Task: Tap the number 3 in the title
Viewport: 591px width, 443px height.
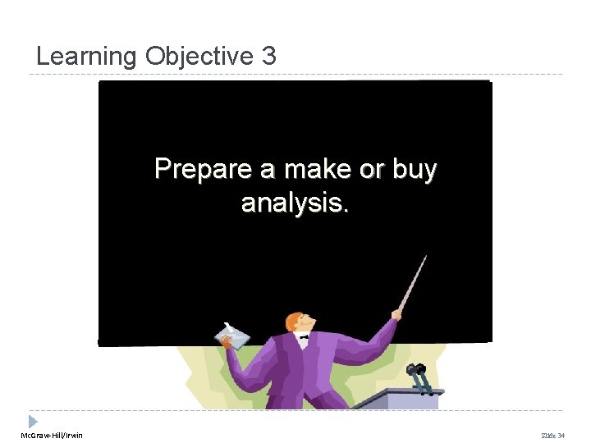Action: point(269,57)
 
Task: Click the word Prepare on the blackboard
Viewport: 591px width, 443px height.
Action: point(203,170)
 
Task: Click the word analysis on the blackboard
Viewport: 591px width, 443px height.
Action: point(295,202)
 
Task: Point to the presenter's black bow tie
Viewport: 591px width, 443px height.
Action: point(304,336)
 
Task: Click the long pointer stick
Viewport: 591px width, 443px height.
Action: point(414,281)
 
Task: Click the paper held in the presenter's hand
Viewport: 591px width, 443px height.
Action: point(232,336)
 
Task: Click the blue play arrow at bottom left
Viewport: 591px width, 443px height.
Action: point(33,421)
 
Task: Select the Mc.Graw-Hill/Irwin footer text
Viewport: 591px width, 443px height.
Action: point(52,435)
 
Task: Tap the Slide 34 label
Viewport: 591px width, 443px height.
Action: point(554,435)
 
